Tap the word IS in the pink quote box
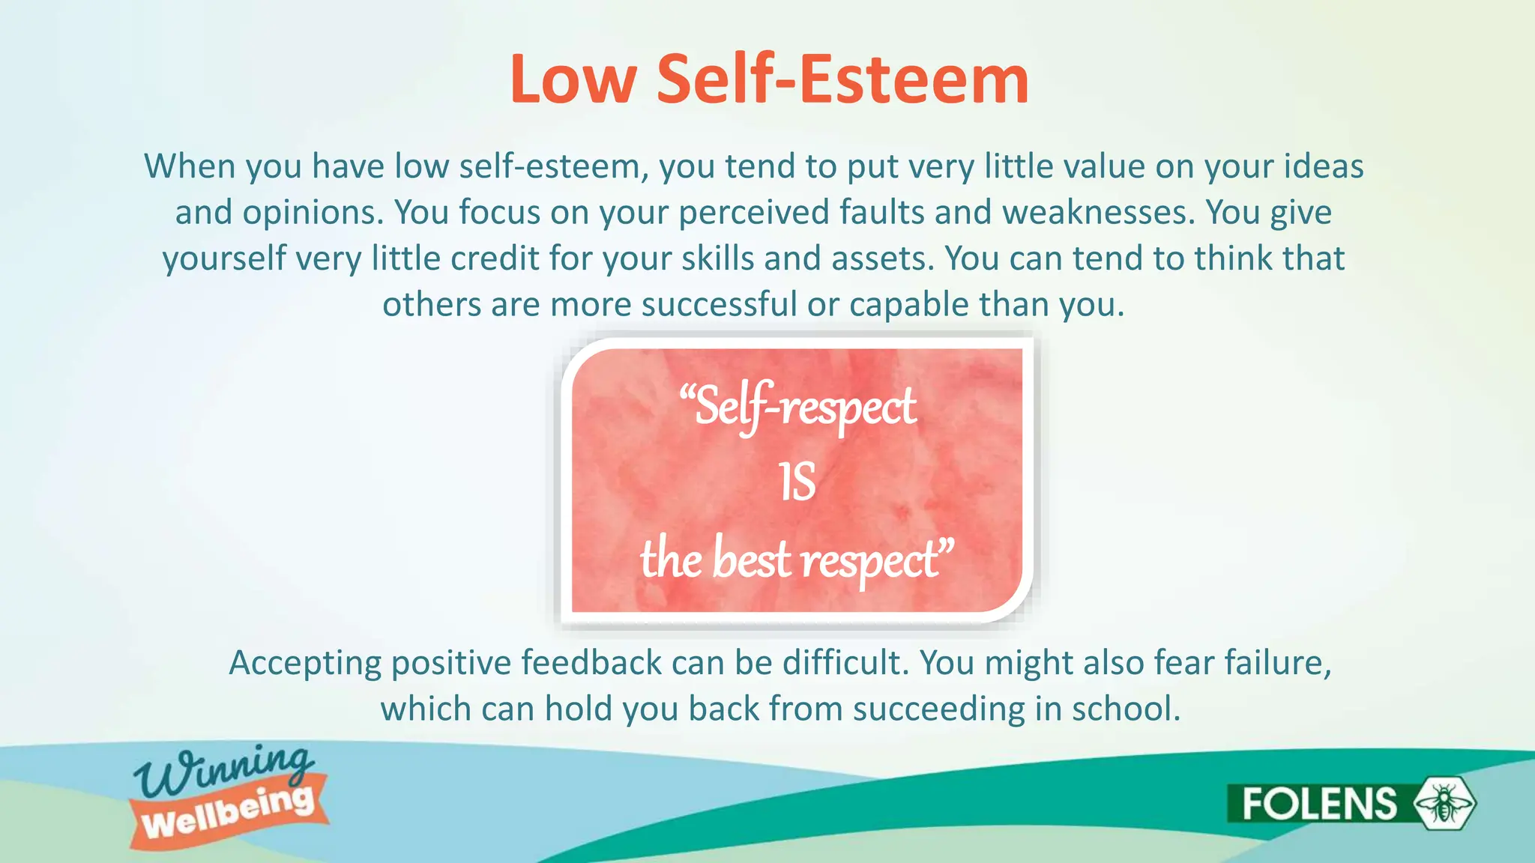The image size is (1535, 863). click(797, 482)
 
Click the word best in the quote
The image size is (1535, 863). click(751, 560)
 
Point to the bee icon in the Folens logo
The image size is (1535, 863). click(1444, 803)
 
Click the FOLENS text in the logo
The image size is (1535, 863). click(1319, 804)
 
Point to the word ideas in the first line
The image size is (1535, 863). click(1324, 166)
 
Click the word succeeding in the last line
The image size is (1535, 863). click(938, 709)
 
